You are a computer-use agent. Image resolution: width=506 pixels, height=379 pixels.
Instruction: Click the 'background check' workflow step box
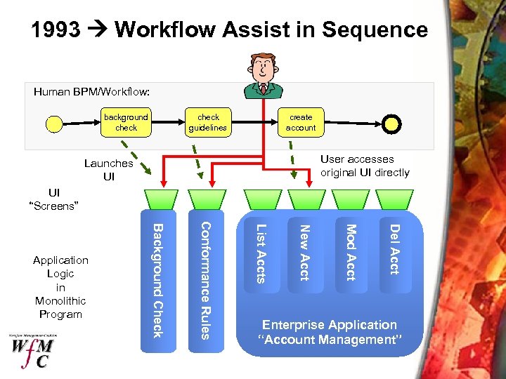point(126,122)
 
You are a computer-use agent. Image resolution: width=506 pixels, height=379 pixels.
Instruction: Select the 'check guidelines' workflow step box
point(208,122)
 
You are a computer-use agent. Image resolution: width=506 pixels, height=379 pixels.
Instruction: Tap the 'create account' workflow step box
point(301,122)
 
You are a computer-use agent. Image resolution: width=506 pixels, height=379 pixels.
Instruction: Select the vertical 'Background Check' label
point(158,279)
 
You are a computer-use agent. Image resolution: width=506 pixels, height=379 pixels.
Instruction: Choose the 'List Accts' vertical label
point(261,253)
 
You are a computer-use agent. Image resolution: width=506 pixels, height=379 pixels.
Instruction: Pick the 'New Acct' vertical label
point(304,251)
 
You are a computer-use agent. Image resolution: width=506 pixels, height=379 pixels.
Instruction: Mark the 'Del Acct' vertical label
point(394,249)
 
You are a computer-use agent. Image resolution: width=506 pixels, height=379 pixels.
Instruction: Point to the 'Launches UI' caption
point(108,170)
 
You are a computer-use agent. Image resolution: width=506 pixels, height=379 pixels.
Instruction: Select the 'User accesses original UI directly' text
point(364,166)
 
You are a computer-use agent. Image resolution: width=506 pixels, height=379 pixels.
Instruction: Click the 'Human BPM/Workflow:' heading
point(91,91)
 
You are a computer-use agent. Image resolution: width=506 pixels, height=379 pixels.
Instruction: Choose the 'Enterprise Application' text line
point(329,325)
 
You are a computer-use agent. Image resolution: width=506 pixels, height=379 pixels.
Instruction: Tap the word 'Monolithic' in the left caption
point(60,301)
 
